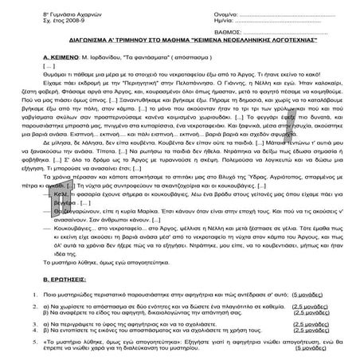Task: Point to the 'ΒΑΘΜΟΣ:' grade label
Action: tap(207, 34)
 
